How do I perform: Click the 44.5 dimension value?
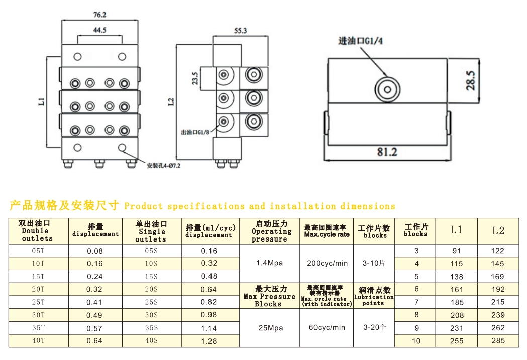[x=99, y=30]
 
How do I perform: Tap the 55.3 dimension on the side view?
[x=241, y=31]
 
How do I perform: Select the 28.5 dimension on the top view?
[x=470, y=80]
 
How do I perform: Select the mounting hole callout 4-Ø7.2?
[x=163, y=165]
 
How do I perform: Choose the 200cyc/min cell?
[x=327, y=263]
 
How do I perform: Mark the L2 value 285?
[x=498, y=341]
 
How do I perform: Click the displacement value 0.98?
[x=208, y=315]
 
